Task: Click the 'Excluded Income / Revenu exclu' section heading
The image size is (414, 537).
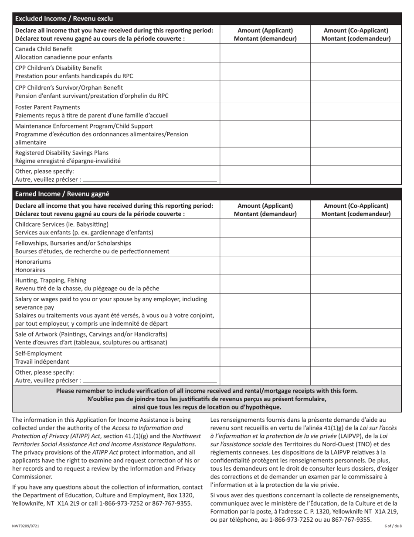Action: coord(64,18)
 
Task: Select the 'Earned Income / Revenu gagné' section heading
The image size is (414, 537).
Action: coord(62,194)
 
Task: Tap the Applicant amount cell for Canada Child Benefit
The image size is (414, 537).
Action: coord(265,53)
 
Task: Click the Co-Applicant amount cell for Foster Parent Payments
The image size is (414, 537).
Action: coord(356,111)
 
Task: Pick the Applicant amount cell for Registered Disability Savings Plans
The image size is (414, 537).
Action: coord(265,156)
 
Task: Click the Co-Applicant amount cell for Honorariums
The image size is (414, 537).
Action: coord(356,265)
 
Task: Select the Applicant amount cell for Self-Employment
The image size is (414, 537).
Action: coord(265,357)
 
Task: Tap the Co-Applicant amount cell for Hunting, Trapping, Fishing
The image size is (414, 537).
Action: coord(356,284)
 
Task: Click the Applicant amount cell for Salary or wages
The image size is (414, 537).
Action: coord(265,311)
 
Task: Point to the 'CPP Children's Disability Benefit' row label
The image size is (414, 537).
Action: coord(59,68)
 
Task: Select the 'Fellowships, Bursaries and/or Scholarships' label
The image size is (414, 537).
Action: coord(73,243)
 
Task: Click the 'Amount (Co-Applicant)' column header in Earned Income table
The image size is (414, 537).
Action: coord(356,210)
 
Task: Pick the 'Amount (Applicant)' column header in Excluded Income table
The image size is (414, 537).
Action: coord(265,34)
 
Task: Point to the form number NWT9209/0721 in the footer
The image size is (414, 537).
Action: coord(26,526)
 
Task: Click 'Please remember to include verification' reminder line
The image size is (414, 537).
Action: coord(207,391)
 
